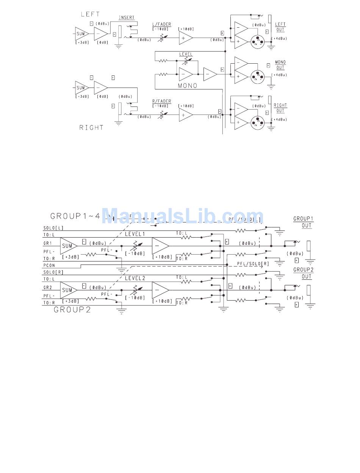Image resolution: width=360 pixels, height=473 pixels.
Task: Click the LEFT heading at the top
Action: point(90,14)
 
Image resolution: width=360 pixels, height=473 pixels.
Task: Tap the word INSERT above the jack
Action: point(127,18)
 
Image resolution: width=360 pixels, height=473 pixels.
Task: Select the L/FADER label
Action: point(161,24)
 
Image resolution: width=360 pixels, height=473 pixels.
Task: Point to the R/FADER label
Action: point(161,101)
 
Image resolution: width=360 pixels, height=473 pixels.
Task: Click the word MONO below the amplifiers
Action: point(188,86)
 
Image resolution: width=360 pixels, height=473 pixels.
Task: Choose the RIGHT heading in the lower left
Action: point(91,128)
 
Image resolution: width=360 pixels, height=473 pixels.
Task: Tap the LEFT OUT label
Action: point(280,27)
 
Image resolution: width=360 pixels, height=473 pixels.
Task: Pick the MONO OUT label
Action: point(280,65)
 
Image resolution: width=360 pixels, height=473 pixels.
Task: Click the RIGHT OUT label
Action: point(280,108)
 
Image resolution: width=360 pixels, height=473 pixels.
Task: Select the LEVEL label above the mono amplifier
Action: point(186,54)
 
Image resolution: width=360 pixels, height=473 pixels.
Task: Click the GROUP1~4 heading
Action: point(75,216)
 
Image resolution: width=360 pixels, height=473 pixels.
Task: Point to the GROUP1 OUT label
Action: point(304,222)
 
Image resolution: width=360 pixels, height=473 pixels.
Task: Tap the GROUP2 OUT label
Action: point(304,273)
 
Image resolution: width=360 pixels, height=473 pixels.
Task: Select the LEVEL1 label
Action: point(135,234)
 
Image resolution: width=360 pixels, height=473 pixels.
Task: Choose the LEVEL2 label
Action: point(135,278)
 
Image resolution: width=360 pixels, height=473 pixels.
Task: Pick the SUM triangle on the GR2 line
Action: point(67,290)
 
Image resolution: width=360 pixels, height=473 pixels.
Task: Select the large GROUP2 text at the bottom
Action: point(72,310)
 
